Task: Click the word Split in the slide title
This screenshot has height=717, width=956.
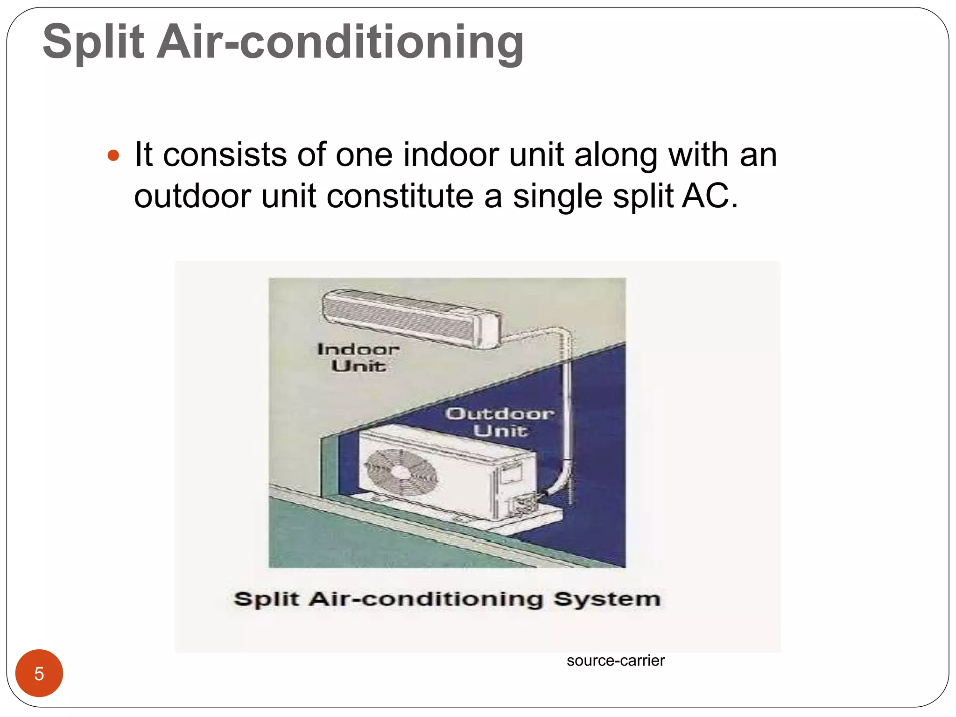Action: coord(93,43)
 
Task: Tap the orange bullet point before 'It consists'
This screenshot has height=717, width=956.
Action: coord(113,155)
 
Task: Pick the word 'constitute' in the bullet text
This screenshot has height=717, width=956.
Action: coord(400,196)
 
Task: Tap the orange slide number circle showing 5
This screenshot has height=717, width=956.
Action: coord(39,673)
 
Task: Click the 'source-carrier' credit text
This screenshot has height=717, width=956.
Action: coord(615,661)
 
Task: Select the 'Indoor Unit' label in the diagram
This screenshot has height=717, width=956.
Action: coord(358,358)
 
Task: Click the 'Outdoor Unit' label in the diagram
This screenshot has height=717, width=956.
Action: coord(500,422)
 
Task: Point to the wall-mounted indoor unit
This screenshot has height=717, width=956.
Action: coord(411,317)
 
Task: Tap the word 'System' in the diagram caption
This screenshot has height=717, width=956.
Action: coord(607,599)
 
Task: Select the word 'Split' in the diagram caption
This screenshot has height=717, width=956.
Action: coord(266,599)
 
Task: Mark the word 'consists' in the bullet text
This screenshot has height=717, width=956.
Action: coord(224,155)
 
